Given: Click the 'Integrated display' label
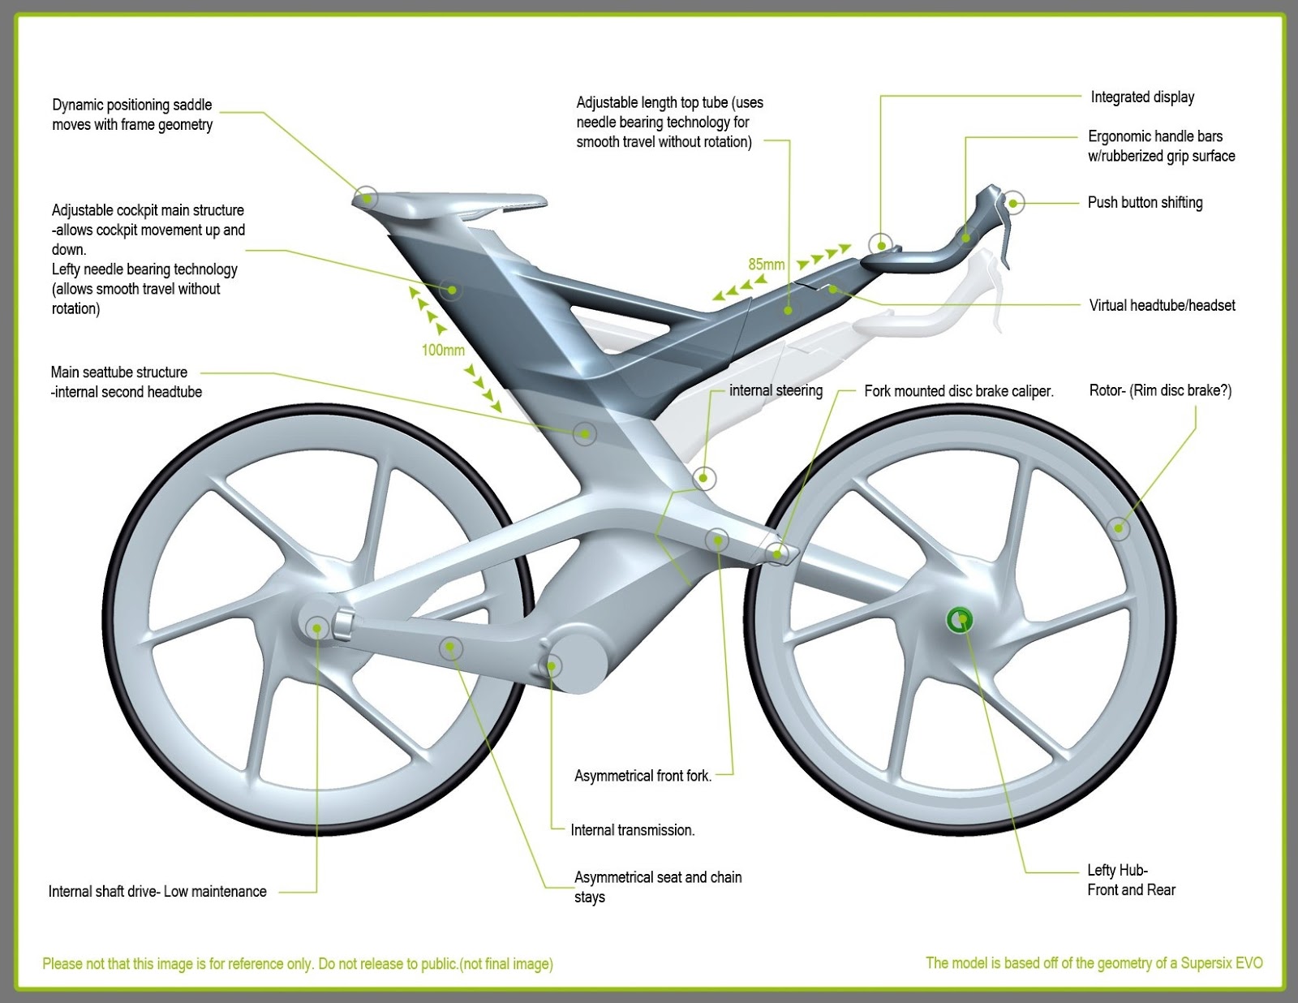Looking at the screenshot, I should [1142, 97].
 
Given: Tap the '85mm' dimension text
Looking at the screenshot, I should [766, 265].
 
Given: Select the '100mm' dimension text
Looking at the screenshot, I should [443, 350].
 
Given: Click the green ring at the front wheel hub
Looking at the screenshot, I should [961, 621].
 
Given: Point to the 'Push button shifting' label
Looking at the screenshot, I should [1145, 202].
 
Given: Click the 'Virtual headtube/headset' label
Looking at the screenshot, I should [1162, 305].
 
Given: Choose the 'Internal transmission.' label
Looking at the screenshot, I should [633, 830].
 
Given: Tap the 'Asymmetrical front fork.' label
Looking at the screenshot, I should [643, 776].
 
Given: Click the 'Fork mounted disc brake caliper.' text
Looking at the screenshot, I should [958, 391].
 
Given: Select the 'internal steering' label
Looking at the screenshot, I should [776, 390].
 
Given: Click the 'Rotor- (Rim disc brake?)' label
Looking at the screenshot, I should [1160, 390].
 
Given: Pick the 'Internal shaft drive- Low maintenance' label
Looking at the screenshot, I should [157, 891].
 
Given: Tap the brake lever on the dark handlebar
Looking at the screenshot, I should [1005, 235].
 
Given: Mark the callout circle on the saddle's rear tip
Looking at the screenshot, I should [367, 197].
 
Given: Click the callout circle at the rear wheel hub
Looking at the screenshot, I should [317, 627].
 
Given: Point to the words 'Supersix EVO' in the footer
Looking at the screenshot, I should [1221, 963].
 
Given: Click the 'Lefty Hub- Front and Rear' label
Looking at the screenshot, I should [1131, 880].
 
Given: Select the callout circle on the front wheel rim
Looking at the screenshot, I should [1119, 528].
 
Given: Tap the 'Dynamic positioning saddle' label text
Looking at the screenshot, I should [132, 114].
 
